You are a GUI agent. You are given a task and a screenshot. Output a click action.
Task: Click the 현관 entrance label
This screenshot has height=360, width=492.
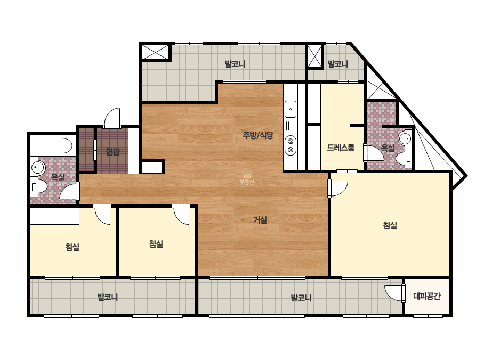[112, 152]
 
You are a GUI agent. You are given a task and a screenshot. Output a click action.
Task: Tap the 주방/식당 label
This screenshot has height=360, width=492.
[258, 135]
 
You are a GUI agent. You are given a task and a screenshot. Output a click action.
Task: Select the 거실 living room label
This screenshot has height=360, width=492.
[260, 220]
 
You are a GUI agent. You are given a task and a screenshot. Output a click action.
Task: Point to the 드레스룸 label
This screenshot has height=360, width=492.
[341, 148]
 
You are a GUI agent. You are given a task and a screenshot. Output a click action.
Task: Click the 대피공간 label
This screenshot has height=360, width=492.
[427, 296]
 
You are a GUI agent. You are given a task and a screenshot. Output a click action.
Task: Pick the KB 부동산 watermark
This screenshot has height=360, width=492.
[247, 179]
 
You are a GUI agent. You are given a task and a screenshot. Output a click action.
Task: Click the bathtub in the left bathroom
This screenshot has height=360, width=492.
[54, 145]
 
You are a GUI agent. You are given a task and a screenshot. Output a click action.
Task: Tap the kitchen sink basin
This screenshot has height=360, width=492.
[291, 109]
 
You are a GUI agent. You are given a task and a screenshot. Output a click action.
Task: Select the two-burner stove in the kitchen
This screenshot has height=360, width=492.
[291, 145]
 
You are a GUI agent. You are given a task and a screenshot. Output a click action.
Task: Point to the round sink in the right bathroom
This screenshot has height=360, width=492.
[405, 138]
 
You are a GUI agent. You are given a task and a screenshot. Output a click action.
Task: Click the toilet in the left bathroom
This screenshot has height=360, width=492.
[38, 187]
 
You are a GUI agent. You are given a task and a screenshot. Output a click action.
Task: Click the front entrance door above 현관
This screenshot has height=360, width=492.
[112, 118]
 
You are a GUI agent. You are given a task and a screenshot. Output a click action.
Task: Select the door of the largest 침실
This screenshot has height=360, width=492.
[338, 188]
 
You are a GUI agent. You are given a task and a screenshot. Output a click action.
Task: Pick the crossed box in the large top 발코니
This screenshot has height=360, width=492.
[155, 52]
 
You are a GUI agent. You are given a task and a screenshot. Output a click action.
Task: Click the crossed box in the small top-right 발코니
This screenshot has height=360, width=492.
[314, 56]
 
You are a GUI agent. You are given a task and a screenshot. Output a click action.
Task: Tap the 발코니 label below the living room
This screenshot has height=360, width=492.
[301, 297]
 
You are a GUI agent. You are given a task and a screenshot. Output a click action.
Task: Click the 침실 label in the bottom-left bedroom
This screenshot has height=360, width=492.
[72, 247]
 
